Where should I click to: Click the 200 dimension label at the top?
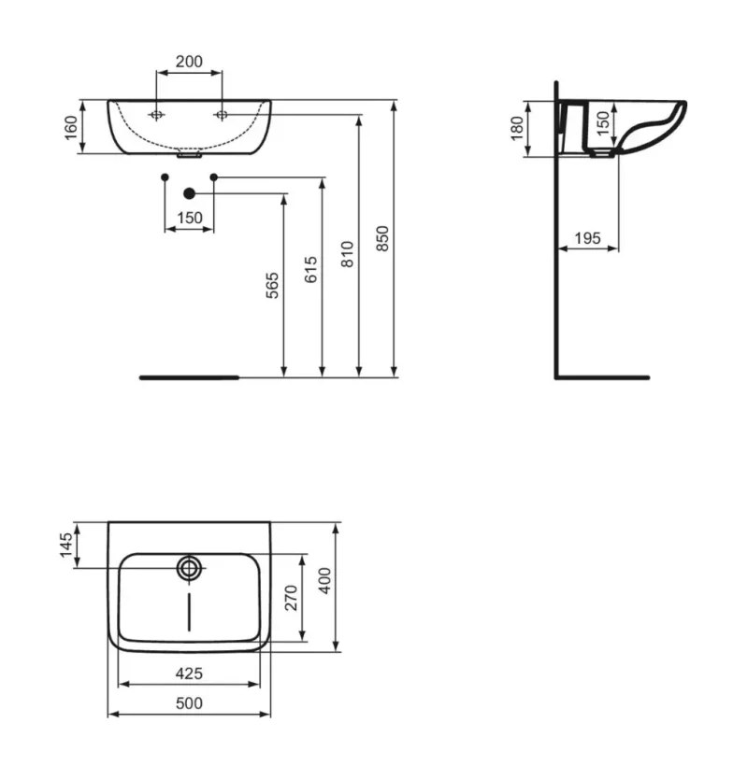pyautogui.click(x=189, y=62)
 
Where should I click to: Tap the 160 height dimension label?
pyautogui.click(x=72, y=127)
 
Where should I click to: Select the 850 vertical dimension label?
pyautogui.click(x=382, y=239)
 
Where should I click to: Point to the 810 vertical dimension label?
pyautogui.click(x=347, y=254)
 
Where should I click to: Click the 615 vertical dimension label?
pyautogui.click(x=310, y=270)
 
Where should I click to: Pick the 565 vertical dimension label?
pyautogui.click(x=272, y=285)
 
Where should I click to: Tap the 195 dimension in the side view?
pyautogui.click(x=587, y=238)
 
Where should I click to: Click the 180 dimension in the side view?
pyautogui.click(x=518, y=128)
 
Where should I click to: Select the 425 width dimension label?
pyautogui.click(x=189, y=674)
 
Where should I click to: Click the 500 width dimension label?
pyautogui.click(x=189, y=703)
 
